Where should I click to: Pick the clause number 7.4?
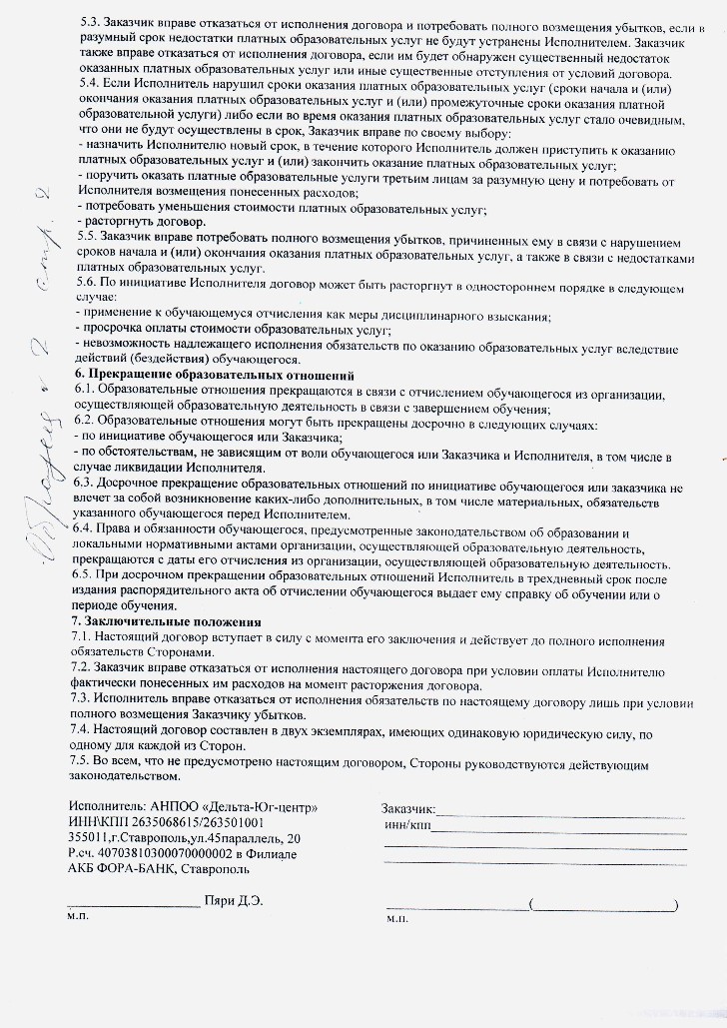[x=84, y=732]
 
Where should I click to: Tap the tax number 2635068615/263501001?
[x=196, y=822]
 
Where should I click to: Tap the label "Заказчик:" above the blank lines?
[x=408, y=810]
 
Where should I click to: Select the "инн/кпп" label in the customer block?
[x=406, y=826]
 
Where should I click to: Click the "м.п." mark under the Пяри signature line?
[x=78, y=916]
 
